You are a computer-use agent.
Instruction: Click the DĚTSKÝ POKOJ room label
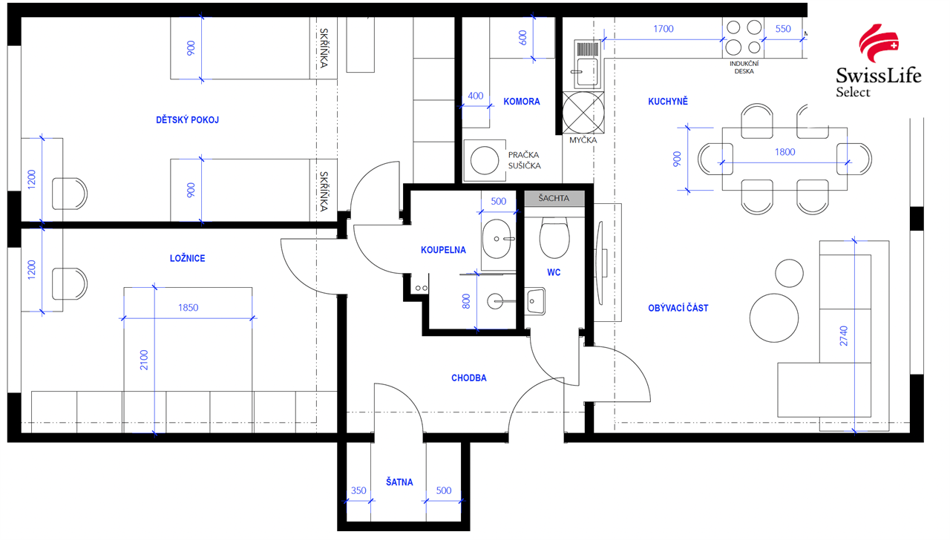188,120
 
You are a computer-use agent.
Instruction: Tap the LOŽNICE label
188,258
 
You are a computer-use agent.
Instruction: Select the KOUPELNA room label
443,250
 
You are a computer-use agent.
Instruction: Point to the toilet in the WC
554,238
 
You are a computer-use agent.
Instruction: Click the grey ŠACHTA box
554,198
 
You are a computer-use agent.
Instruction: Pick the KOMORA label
522,102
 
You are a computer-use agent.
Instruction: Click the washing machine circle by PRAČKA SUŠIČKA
485,161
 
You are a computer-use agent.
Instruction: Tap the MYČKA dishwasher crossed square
583,113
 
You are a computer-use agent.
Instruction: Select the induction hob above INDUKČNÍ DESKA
744,37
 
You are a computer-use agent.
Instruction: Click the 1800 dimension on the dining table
784,152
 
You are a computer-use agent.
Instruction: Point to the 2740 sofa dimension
844,336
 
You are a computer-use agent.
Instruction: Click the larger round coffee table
774,318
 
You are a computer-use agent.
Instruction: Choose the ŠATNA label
399,482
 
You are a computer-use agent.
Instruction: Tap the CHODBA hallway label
468,378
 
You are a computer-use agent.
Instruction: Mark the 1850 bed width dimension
188,308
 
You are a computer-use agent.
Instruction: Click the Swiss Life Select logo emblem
878,43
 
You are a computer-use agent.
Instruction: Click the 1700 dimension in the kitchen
664,29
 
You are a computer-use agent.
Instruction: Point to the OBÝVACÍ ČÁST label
678,308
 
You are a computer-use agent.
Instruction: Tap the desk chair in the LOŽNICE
70,283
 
